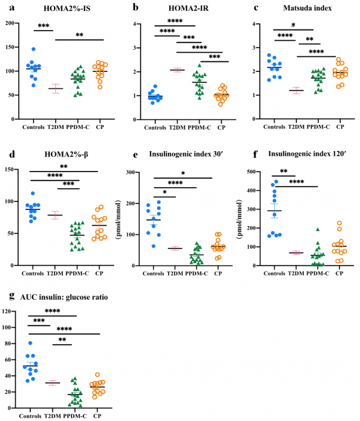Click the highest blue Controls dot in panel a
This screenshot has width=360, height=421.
tap(34, 49)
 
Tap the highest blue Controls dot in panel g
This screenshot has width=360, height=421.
tap(29, 343)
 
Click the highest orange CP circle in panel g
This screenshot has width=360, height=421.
tap(97, 375)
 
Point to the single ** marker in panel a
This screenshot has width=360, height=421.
tap(79, 35)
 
